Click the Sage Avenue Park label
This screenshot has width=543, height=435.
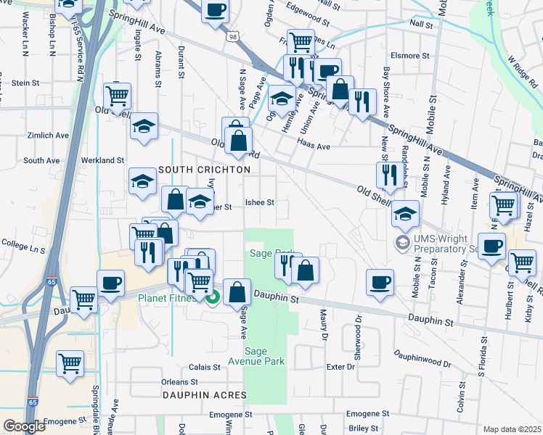(x=264, y=356)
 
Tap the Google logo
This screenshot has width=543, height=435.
(x=24, y=426)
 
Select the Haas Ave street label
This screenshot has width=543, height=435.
(x=315, y=146)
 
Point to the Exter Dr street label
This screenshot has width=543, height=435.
(x=340, y=367)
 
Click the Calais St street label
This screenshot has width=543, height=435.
(x=205, y=368)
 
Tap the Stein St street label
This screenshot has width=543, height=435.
(x=25, y=83)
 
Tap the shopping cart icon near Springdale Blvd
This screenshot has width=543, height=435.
(x=70, y=362)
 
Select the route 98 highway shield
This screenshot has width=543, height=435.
(x=233, y=36)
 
